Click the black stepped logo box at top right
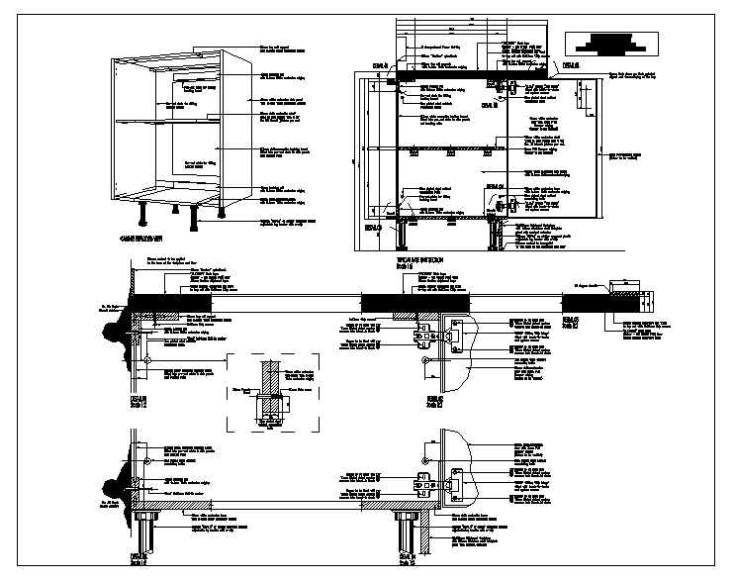click(x=604, y=43)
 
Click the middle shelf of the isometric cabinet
click(x=168, y=119)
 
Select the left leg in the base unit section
click(x=403, y=235)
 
